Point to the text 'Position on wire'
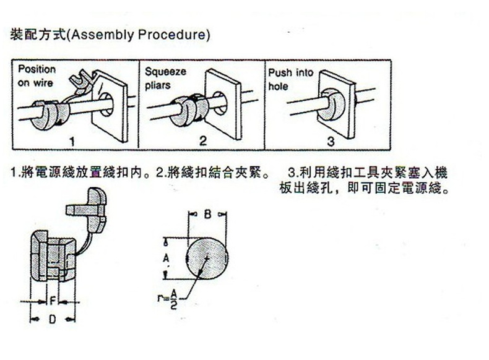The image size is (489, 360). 36,75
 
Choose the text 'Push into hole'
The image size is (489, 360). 290,79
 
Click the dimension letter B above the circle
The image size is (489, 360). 207,215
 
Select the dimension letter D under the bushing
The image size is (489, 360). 53,319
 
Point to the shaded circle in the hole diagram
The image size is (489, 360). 207,258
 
